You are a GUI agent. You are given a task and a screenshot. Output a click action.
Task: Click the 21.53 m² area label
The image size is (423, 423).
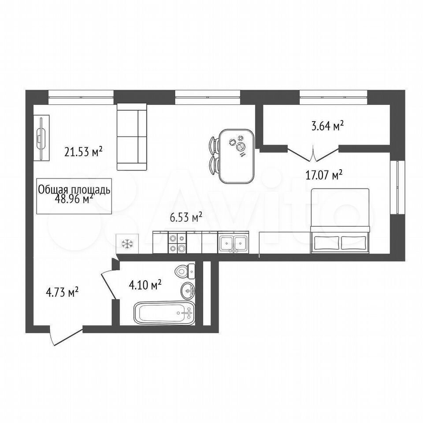(x=83, y=151)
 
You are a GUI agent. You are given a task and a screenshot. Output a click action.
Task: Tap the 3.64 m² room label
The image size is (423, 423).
(x=327, y=126)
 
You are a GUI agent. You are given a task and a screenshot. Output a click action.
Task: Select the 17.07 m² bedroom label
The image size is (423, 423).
(x=324, y=175)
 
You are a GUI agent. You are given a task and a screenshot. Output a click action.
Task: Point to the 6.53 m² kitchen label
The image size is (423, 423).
(x=186, y=217)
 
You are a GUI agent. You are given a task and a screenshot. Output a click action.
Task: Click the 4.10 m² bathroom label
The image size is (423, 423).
(x=145, y=285)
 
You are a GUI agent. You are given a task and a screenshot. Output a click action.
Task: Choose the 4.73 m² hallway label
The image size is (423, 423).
(x=62, y=292)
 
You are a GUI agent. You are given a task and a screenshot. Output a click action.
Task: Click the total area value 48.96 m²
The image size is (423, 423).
(x=74, y=199)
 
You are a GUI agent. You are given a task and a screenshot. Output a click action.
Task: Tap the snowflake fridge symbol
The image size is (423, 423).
(x=127, y=244)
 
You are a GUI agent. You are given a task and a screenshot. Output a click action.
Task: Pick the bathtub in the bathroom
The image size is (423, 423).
(x=164, y=313)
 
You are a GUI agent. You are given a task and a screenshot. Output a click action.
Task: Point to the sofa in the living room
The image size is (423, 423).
(x=132, y=137)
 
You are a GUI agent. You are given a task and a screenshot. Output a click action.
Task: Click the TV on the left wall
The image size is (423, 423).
(x=41, y=138)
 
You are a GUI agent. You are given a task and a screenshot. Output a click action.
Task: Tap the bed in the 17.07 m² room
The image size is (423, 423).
(x=340, y=221)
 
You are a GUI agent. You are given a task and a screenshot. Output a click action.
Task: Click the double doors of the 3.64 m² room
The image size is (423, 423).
(x=313, y=153)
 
